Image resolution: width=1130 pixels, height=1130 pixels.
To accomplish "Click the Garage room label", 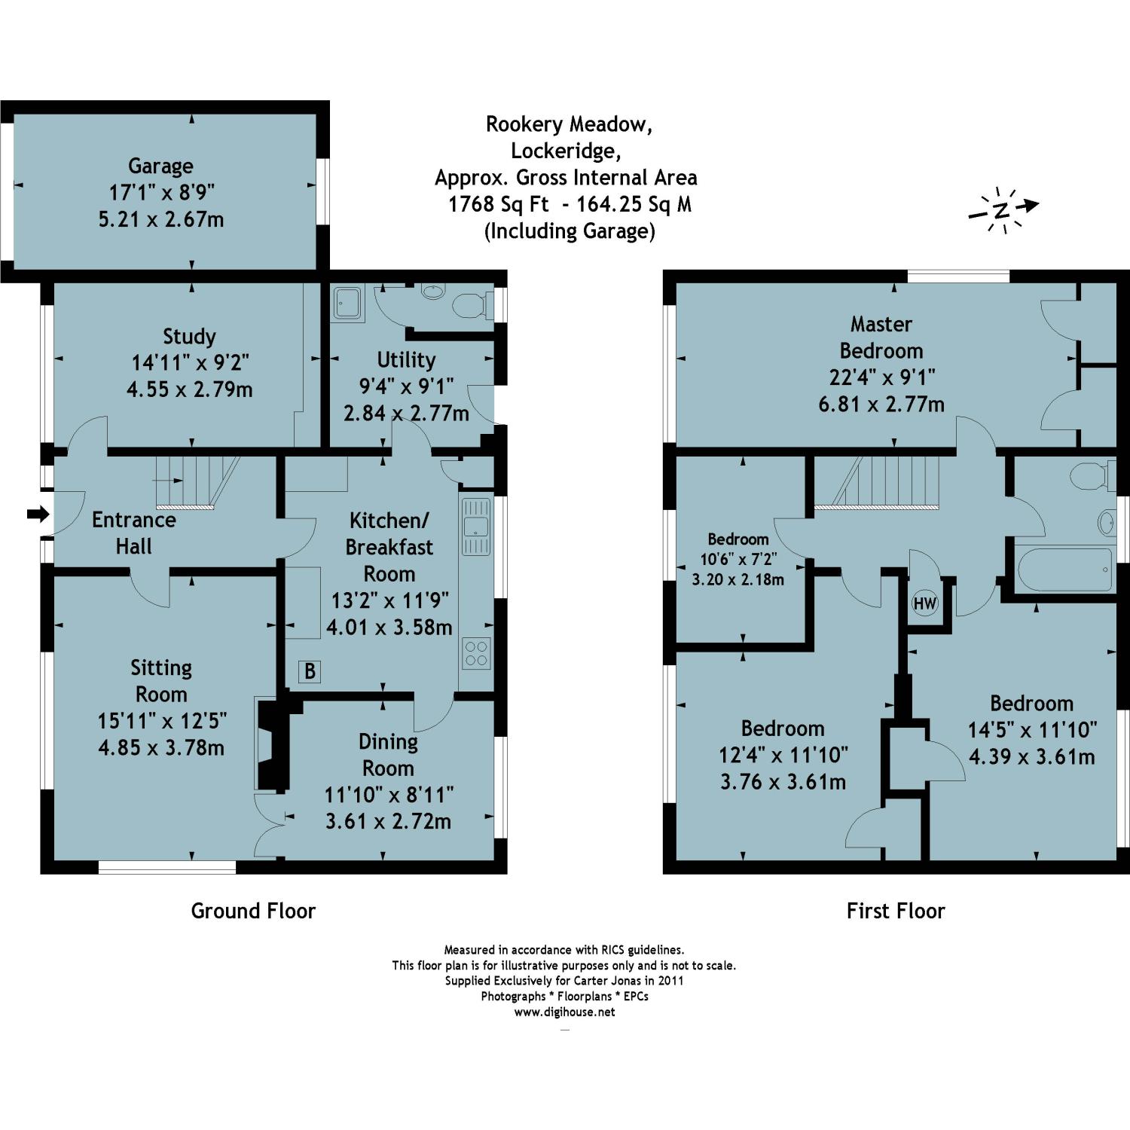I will click(160, 166).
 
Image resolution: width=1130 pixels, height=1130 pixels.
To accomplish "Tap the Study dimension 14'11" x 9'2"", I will click(190, 363).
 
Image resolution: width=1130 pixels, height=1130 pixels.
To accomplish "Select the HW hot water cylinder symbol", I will click(924, 603).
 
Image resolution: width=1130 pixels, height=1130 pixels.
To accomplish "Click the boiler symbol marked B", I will click(310, 671).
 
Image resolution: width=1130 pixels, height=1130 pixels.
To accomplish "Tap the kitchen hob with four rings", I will click(476, 652).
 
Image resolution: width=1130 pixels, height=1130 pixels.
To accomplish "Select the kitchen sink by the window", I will click(475, 526).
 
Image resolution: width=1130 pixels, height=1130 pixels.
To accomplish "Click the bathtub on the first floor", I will click(1064, 570).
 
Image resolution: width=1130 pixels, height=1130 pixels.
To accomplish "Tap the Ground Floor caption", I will click(253, 911).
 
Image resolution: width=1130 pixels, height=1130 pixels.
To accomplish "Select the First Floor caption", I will click(896, 911).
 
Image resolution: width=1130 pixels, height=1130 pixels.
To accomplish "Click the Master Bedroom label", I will click(881, 337).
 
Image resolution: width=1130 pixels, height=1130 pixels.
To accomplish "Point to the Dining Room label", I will click(388, 755).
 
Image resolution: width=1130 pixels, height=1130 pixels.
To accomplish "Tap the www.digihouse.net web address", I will click(564, 1012).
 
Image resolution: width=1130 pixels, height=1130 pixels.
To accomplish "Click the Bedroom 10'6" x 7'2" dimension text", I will click(738, 560).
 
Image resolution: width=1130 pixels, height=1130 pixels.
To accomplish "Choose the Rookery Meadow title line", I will click(569, 124).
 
